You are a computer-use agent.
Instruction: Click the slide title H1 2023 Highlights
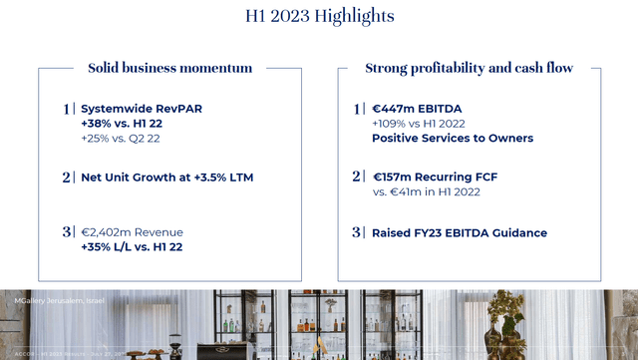pos(319,16)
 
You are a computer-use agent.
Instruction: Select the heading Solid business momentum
pos(169,69)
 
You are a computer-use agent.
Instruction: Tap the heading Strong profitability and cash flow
pos(469,69)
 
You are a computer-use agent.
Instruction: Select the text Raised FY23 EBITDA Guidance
pos(446,233)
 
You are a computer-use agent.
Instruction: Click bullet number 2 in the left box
pos(67,178)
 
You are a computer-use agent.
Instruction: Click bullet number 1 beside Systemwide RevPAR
pos(67,109)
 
